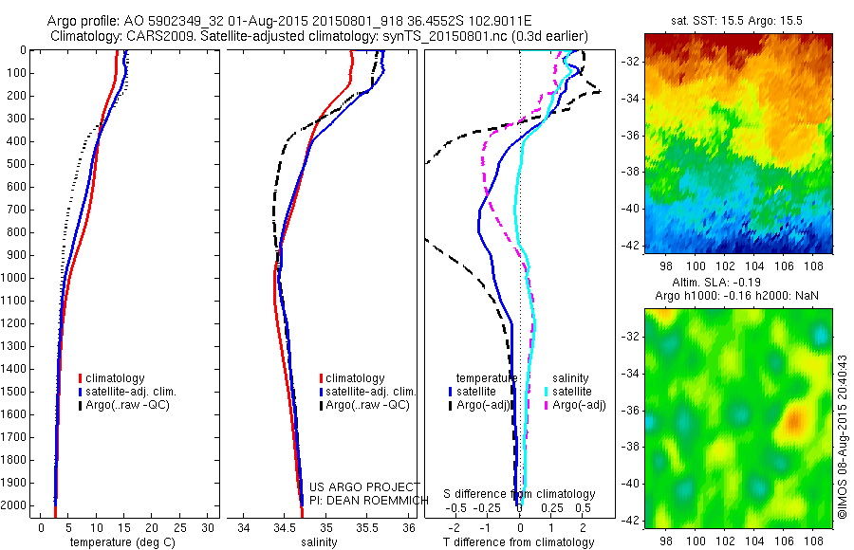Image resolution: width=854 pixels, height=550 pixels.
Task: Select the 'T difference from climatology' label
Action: coord(518,542)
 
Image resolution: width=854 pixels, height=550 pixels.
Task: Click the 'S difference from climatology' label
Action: coord(520,494)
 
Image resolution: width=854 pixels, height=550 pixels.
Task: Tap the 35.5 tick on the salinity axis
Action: coord(367,527)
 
